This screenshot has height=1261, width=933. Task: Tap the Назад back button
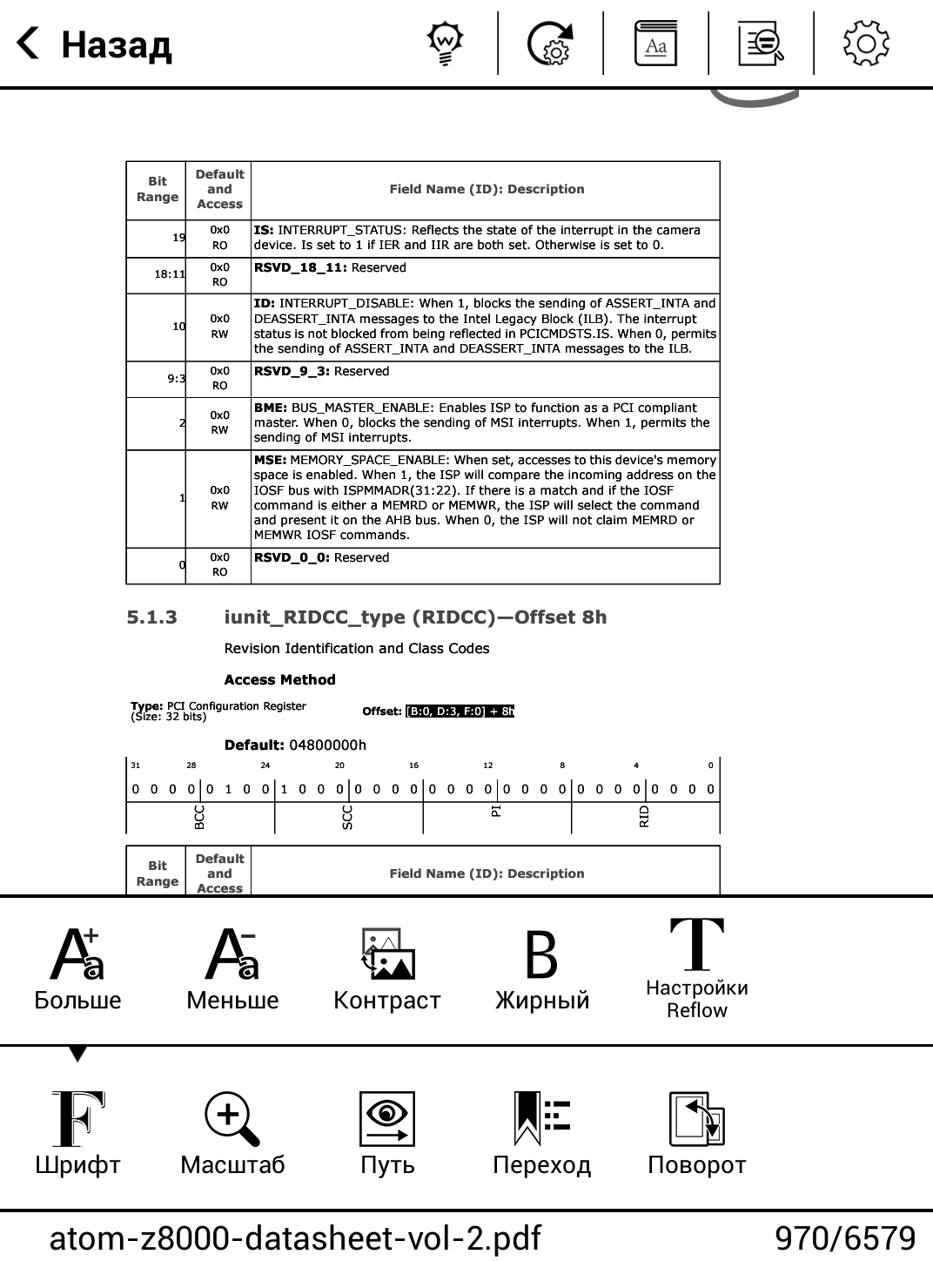(x=94, y=44)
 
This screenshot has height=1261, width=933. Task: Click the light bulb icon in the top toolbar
(x=445, y=44)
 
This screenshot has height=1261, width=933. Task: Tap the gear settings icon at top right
(x=865, y=44)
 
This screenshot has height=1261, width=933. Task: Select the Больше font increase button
(x=77, y=967)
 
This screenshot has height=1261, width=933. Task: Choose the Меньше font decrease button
(x=232, y=967)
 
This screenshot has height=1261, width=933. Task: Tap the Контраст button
(x=387, y=967)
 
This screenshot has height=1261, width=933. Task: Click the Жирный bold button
(x=541, y=967)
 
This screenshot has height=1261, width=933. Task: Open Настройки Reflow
(x=696, y=967)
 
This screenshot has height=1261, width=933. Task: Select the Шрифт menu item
(x=77, y=1132)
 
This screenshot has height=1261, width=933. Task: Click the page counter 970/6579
(x=844, y=1237)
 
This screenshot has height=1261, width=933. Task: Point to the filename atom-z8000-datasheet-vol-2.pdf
(x=295, y=1237)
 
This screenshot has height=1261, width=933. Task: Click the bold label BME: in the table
(x=271, y=408)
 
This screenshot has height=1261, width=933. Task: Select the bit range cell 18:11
(x=170, y=274)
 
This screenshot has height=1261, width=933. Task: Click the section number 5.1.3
(x=151, y=617)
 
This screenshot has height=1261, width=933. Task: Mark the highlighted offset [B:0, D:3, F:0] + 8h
(x=460, y=711)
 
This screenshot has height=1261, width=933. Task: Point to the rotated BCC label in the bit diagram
(x=200, y=817)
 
